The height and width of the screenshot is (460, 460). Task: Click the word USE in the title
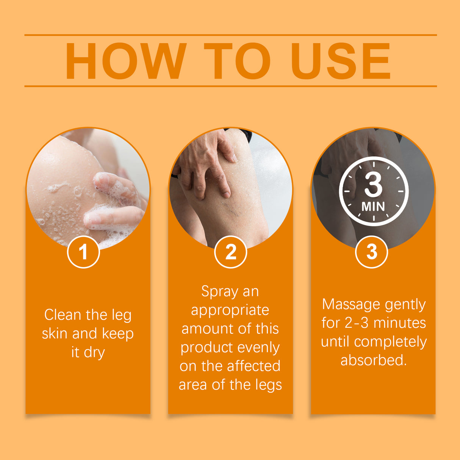340,61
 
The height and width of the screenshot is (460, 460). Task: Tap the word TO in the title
238,61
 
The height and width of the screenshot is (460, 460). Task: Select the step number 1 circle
83,252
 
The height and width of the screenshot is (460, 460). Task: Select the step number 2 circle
230,252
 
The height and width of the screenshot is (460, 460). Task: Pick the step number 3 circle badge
372,252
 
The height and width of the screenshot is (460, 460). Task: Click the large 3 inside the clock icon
373,185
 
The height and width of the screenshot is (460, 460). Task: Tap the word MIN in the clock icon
373,207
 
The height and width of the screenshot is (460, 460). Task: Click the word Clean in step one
63,315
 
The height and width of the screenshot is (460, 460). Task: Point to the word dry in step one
94,352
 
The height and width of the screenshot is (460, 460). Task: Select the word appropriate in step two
230,310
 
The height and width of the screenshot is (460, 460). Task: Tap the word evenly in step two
256,347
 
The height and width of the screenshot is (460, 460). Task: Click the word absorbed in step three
373,360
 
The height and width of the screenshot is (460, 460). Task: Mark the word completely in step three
390,342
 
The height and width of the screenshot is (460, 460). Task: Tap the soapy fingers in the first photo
114,205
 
